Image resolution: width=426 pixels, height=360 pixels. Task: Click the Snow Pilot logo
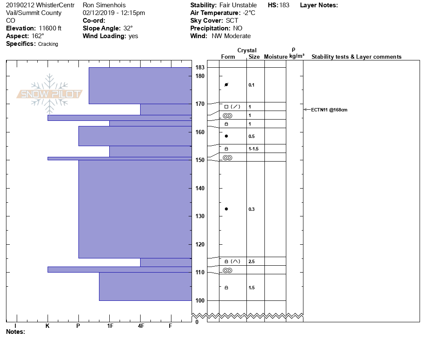[50, 94]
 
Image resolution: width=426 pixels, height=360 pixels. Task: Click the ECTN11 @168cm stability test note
[329, 110]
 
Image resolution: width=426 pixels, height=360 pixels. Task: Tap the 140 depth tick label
[200, 188]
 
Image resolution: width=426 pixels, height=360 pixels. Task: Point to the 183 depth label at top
[200, 67]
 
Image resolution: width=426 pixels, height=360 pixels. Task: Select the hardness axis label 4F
[141, 326]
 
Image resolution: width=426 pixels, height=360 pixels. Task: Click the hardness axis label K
[48, 326]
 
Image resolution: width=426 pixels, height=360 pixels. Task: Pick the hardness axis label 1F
[110, 326]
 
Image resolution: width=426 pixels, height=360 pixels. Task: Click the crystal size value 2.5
[252, 261]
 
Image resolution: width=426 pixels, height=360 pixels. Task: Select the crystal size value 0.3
[252, 209]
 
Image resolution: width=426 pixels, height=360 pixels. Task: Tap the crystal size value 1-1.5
[254, 149]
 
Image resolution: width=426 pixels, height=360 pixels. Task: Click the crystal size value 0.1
[252, 85]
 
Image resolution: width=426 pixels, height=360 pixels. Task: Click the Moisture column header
[276, 57]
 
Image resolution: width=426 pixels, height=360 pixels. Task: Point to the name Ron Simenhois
[104, 5]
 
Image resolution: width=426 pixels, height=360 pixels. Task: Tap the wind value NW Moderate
[231, 36]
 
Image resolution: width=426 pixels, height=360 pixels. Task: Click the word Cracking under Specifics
[48, 44]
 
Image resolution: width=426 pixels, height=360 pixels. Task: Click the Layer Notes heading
[319, 5]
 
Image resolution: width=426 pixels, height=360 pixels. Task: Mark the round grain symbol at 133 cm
[226, 209]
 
